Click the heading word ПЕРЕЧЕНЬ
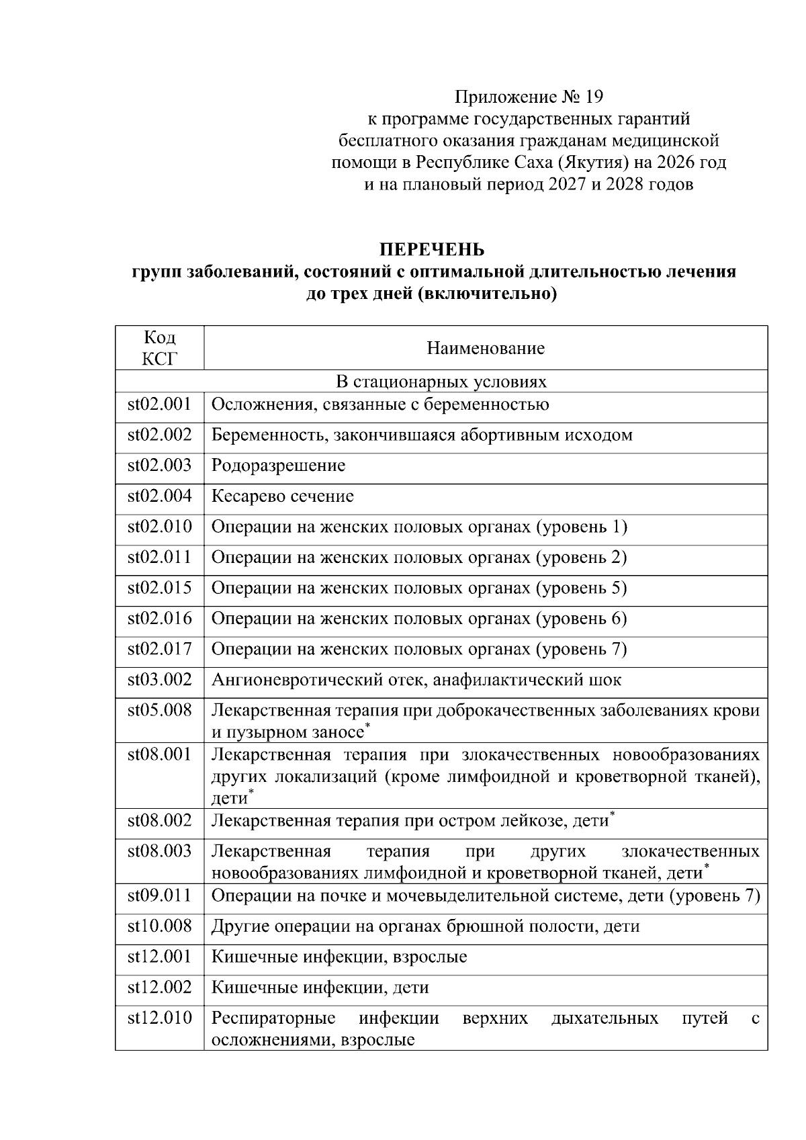[432, 250]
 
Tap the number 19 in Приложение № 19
[594, 97]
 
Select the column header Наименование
[485, 348]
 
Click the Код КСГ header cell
[159, 348]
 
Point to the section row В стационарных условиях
[441, 382]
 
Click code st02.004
[159, 496]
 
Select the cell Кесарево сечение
[283, 496]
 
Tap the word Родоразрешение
[278, 466]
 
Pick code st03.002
[159, 680]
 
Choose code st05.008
[159, 710]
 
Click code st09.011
[159, 896]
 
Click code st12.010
[159, 1018]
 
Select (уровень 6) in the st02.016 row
[581, 619]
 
